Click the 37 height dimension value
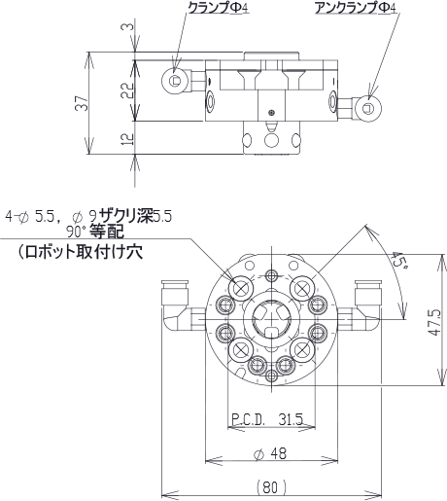pyautogui.click(x=82, y=103)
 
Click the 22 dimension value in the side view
pyautogui.click(x=127, y=90)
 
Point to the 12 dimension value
pyautogui.click(x=127, y=138)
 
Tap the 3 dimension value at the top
pyautogui.click(x=127, y=26)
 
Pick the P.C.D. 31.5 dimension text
pyautogui.click(x=267, y=420)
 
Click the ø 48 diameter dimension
pyautogui.click(x=270, y=453)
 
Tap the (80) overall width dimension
pyautogui.click(x=271, y=487)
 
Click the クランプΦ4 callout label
pyautogui.click(x=219, y=8)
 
